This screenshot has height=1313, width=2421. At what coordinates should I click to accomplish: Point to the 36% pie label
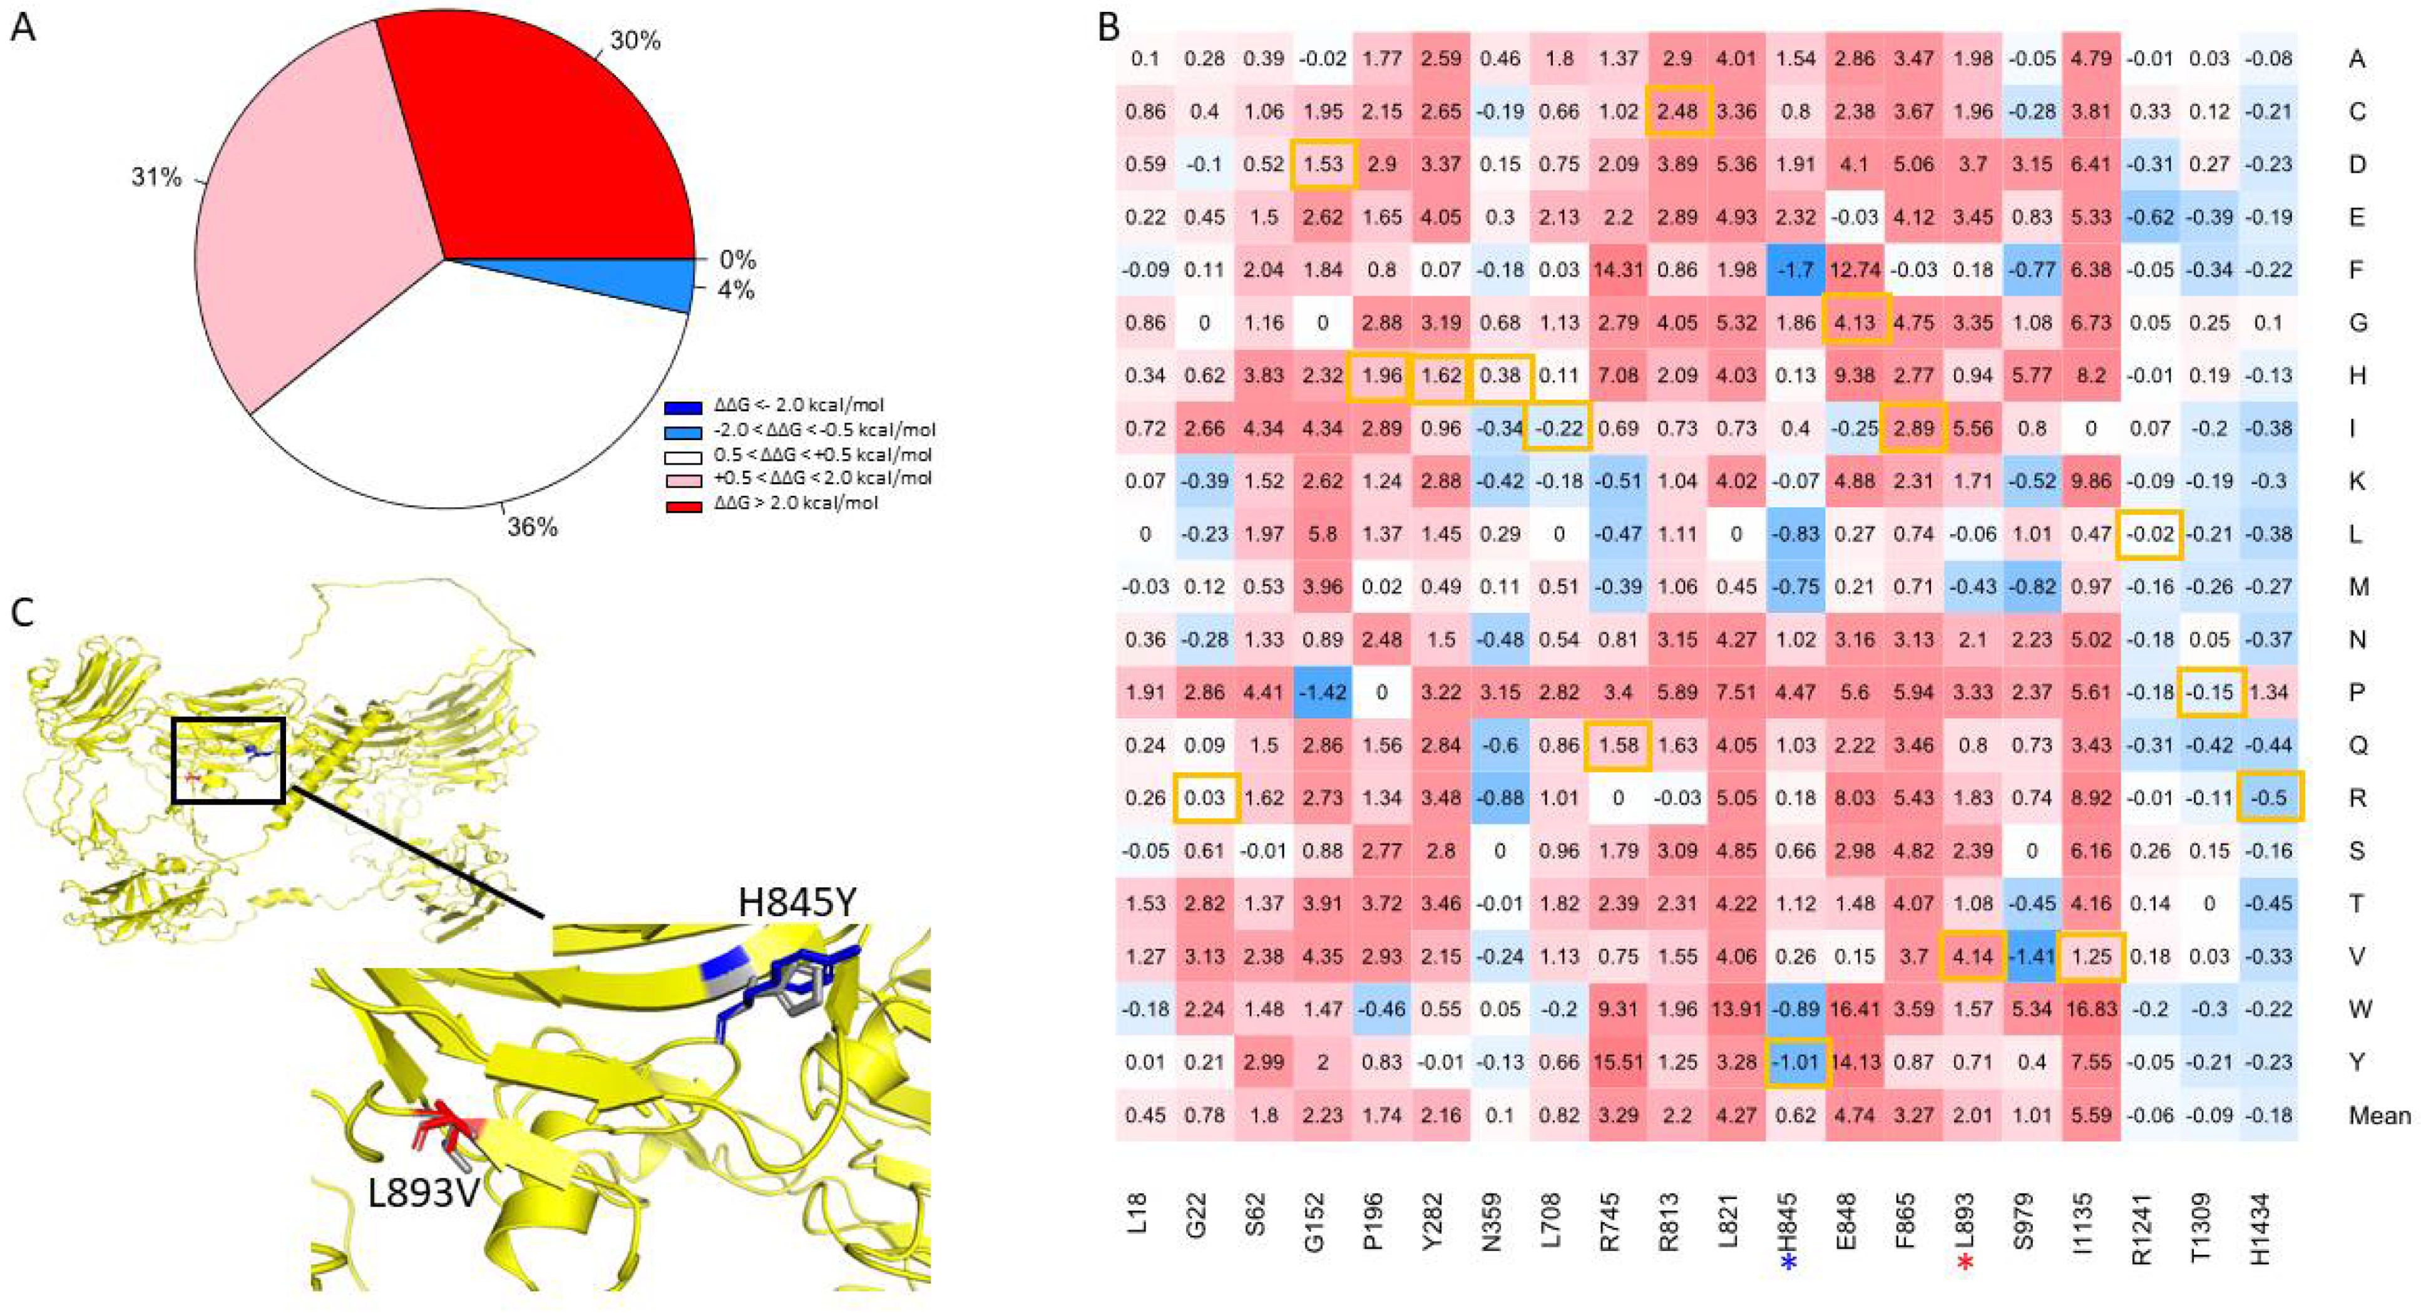(x=532, y=527)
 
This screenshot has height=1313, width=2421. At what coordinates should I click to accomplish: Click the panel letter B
(x=1109, y=28)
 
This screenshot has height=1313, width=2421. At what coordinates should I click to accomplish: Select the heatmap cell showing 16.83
(x=2091, y=1009)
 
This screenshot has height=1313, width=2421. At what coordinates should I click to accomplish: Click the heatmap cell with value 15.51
(x=1619, y=1062)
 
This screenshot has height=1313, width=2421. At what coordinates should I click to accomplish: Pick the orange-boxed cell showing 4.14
(x=1973, y=956)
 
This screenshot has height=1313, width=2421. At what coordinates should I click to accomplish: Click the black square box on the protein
(x=228, y=759)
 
